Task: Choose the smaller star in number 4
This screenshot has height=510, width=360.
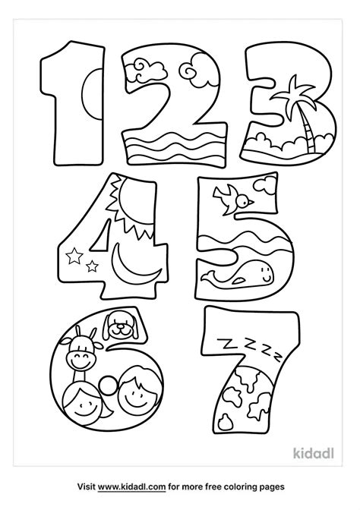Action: (x=93, y=265)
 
